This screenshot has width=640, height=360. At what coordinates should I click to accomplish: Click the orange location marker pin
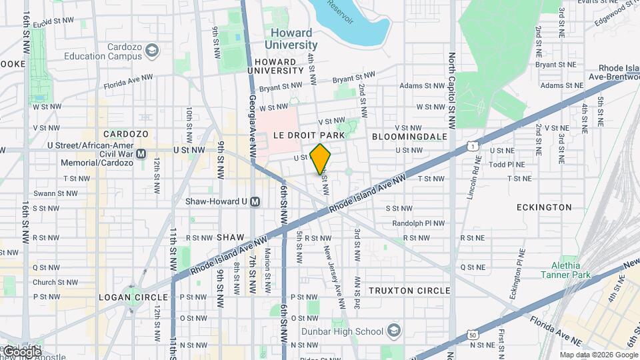click(321, 160)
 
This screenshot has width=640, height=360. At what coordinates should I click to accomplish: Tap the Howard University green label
click(291, 39)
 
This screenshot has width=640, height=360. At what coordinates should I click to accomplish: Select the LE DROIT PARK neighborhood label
click(309, 135)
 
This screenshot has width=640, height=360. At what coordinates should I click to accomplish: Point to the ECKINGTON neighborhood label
click(544, 207)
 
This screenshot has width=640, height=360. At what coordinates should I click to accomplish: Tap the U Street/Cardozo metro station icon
click(141, 153)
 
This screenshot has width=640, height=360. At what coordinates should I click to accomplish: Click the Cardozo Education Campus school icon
click(153, 51)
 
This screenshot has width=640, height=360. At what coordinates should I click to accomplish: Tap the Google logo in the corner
click(21, 351)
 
